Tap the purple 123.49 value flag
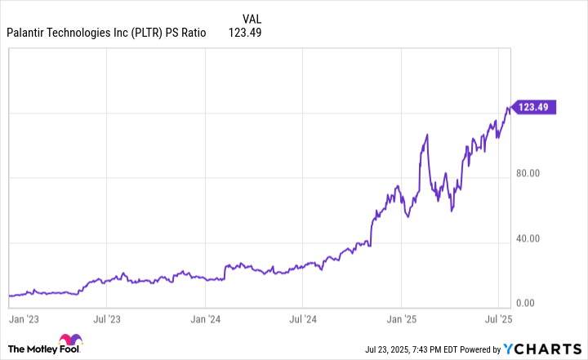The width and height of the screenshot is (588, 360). point(534,107)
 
